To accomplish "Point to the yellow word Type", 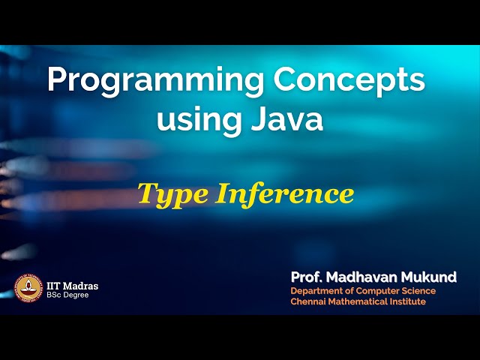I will (x=172, y=195).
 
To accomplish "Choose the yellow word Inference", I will (x=285, y=193).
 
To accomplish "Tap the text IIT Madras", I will (x=72, y=286).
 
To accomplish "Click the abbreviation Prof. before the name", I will (x=307, y=277).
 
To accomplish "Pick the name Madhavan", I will (x=363, y=277).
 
